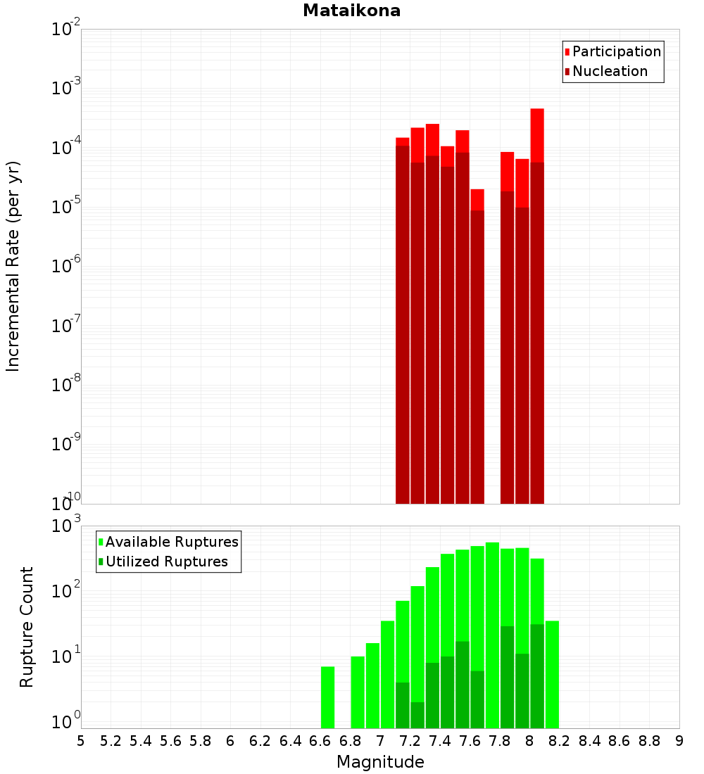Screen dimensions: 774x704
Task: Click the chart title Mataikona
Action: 351,11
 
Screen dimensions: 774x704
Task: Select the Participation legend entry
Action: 616,51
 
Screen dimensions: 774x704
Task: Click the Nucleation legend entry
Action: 610,71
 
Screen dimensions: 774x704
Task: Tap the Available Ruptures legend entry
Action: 171,542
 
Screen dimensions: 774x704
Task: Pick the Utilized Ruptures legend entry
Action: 166,562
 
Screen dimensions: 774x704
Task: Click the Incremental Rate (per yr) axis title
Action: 13,266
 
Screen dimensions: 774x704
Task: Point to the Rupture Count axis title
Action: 27,627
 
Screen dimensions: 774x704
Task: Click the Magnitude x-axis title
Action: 380,762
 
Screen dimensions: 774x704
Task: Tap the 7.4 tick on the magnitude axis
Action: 440,741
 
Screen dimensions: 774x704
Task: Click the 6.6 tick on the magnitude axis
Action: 320,741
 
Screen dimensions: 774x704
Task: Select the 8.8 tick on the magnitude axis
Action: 649,741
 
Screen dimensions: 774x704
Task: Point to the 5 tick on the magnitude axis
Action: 81,741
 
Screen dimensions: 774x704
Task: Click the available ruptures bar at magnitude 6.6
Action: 327,697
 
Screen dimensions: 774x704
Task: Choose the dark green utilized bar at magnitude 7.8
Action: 507,675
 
